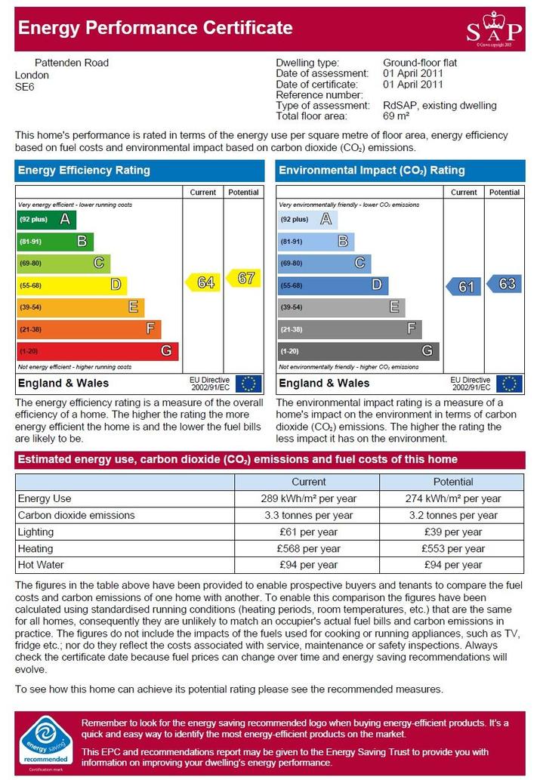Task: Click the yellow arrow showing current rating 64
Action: click(x=203, y=282)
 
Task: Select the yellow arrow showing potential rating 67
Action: click(x=243, y=278)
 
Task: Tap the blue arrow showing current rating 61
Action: click(x=464, y=286)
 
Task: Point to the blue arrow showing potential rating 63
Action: click(x=504, y=284)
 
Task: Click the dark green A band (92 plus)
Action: click(x=46, y=220)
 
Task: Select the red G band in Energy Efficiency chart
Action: click(x=97, y=351)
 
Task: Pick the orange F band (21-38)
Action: click(x=89, y=329)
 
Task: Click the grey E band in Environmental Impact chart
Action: click(x=341, y=307)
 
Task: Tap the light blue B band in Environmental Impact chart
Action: click(x=316, y=242)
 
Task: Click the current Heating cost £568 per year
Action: click(x=309, y=549)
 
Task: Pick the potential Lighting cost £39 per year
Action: click(x=453, y=532)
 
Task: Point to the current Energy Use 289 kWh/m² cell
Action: click(x=309, y=498)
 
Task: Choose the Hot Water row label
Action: click(x=41, y=565)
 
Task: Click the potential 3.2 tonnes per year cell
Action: click(x=453, y=516)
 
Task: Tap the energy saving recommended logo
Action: click(x=46, y=743)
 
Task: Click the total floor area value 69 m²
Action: click(x=397, y=116)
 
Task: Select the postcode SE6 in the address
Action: click(x=24, y=87)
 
